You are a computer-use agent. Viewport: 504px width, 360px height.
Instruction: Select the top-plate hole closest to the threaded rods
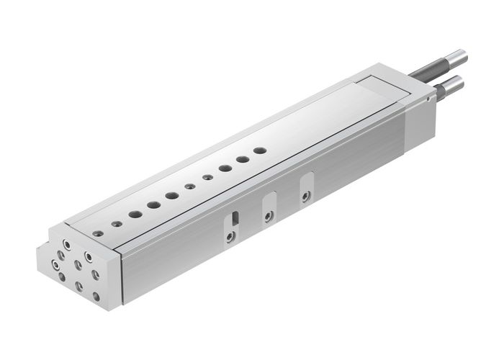[x=260, y=150]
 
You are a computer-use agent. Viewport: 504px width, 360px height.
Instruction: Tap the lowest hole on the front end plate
[x=78, y=286]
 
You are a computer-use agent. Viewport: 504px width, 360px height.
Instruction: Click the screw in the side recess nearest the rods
[x=306, y=196]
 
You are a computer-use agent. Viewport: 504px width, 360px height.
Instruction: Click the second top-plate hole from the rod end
[x=243, y=159]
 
